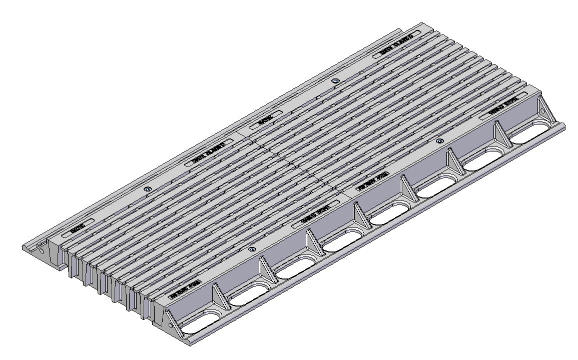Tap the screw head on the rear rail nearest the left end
[x=147, y=189]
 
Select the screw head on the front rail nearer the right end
[x=439, y=141]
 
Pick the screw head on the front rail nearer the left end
[x=251, y=249]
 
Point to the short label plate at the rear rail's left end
[x=78, y=229]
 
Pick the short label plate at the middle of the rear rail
[x=265, y=119]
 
